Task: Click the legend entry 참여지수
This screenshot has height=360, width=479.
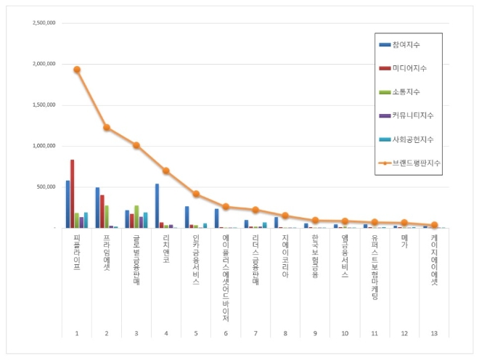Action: (406, 45)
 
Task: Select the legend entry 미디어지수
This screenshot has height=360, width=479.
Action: (409, 68)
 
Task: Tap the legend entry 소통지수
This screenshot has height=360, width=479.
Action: (406, 92)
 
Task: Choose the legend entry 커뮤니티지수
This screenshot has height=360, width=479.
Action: (412, 115)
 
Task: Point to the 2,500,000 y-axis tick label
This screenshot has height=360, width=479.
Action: (44, 22)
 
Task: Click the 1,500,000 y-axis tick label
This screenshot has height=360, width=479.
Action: (44, 105)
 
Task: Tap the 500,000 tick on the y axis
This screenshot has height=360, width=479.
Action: (48, 187)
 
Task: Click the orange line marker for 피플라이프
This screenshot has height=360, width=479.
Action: (77, 70)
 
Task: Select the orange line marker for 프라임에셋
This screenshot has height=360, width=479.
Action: (107, 127)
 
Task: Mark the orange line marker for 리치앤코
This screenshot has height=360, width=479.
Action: (166, 171)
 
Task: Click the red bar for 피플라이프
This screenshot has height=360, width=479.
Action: (73, 194)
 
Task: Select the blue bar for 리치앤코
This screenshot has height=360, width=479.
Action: (157, 205)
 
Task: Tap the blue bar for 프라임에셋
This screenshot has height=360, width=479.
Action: (97, 208)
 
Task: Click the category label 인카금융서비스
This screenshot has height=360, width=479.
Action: (196, 258)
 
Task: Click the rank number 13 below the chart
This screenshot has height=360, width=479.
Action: (434, 332)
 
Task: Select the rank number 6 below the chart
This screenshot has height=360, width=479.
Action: (226, 332)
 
